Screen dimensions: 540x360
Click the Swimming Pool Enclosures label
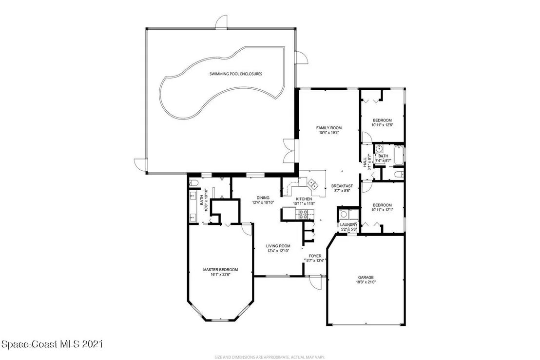point(236,74)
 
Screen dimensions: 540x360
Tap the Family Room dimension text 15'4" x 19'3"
point(329,132)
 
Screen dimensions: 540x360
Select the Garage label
point(366,277)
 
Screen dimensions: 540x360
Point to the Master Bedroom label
point(220,270)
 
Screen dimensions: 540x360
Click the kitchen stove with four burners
point(304,215)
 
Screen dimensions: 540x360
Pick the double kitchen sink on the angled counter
point(313,183)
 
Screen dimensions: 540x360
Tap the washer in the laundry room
point(344,215)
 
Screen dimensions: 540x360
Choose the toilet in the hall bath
point(399,175)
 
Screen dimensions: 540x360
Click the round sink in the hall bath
point(379,149)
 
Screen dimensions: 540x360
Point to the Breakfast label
point(342,186)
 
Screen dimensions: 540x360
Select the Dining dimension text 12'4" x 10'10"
point(263,203)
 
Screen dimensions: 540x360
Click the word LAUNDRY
point(349,225)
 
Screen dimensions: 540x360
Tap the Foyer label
point(315,256)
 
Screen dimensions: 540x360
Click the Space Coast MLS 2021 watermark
point(52,344)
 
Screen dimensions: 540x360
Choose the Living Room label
point(278,246)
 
